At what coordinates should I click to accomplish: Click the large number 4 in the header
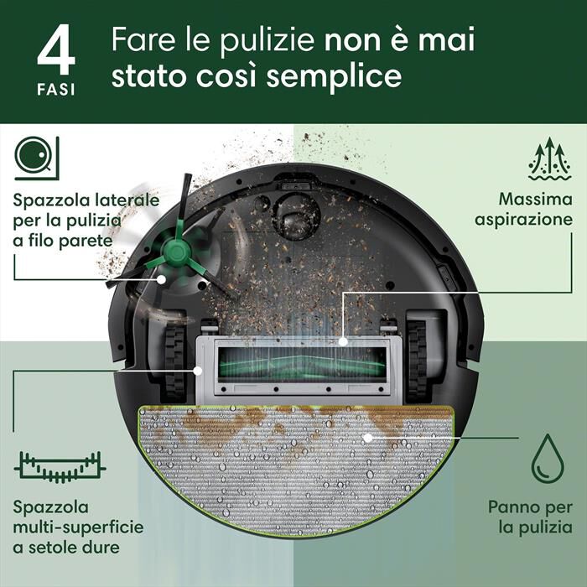tap(55, 52)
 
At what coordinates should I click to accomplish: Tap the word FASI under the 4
tap(55, 90)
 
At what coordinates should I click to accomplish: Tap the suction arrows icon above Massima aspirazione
tap(549, 159)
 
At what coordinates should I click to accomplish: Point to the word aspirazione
tap(524, 219)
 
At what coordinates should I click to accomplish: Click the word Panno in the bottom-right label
tap(510, 508)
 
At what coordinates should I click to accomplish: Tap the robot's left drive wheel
tap(174, 359)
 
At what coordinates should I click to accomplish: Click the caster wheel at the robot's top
tap(295, 213)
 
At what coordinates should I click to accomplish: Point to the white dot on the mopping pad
tap(366, 437)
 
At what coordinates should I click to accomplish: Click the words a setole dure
tap(65, 548)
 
